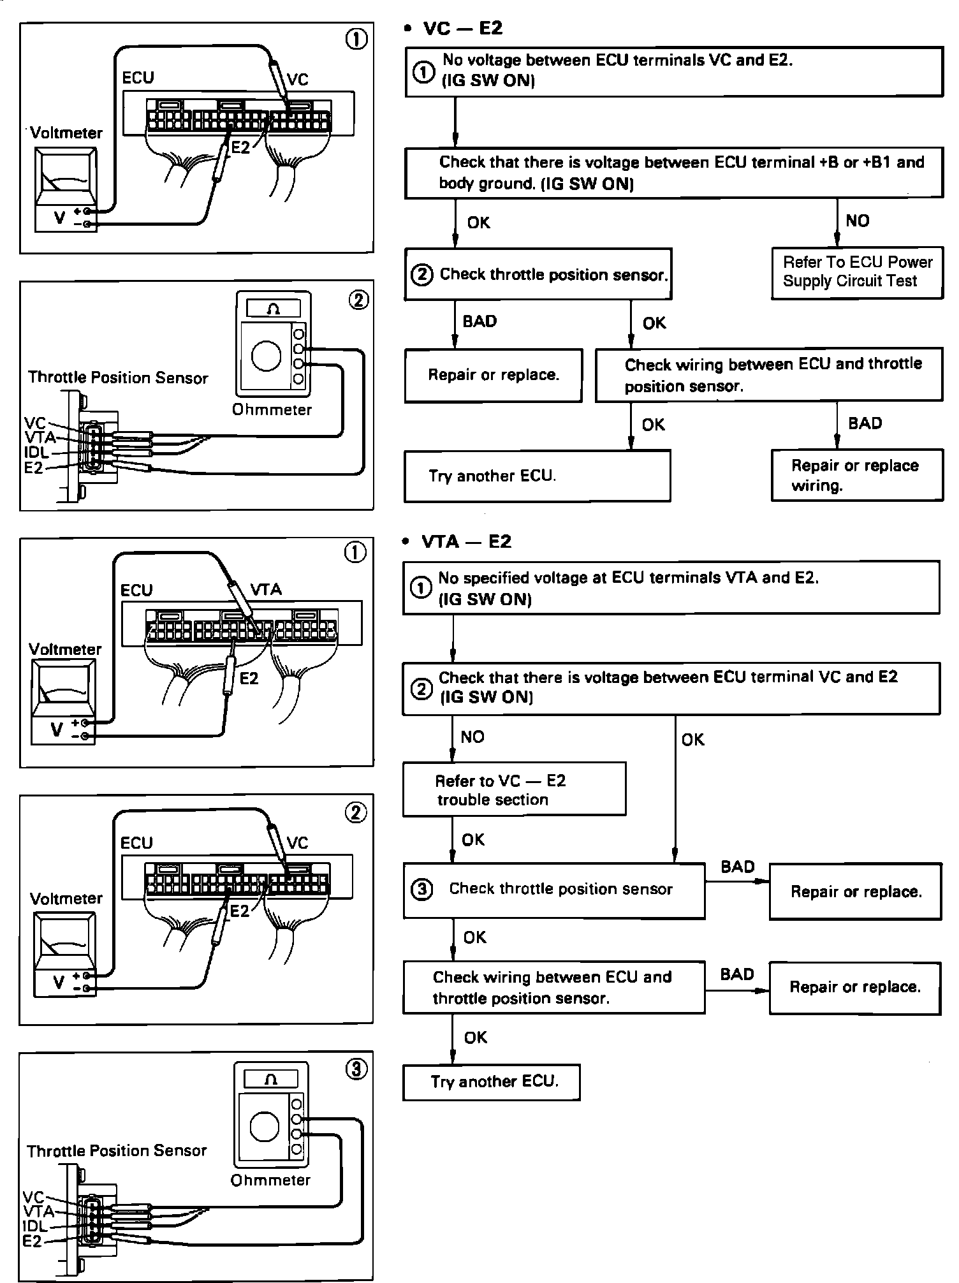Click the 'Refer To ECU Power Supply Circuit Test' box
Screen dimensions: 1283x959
pos(856,272)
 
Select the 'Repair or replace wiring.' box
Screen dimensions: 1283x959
pos(856,476)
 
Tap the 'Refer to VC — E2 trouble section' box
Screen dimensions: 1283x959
pos(513,789)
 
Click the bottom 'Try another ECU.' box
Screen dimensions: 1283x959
pos(491,1081)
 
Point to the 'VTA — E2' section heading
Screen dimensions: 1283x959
pos(466,542)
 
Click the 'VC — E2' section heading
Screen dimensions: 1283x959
pos(462,28)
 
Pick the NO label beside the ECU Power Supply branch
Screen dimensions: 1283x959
pos(857,221)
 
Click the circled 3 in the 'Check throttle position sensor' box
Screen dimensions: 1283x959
pos(421,889)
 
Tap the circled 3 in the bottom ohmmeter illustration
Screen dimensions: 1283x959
pos(356,1069)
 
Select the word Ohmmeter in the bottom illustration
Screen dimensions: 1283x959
pos(270,1180)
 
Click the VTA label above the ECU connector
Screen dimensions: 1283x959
pos(266,590)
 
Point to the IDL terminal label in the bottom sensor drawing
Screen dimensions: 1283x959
pos(35,1226)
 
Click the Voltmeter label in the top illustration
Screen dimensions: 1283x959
pos(66,133)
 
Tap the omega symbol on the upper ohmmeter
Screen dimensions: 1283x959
pos(274,309)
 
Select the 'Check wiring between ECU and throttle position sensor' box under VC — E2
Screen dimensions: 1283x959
pos(768,375)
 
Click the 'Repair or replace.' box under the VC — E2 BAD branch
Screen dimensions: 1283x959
pos(493,375)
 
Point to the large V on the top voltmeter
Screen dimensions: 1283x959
pos(59,217)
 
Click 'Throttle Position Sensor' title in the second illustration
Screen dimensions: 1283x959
pos(118,378)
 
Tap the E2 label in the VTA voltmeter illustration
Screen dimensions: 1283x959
pos(249,678)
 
